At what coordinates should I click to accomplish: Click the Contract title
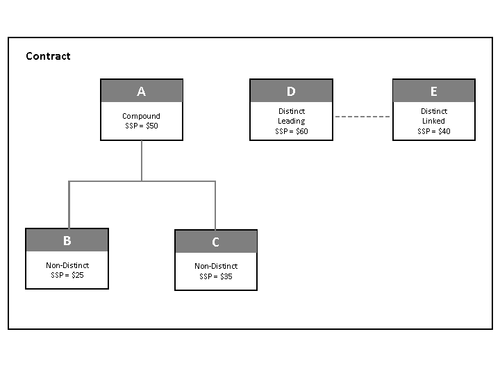pyautogui.click(x=48, y=56)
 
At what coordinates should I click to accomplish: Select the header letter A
pyautogui.click(x=142, y=92)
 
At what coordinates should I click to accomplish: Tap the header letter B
pyautogui.click(x=67, y=241)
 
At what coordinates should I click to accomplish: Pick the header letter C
pyautogui.click(x=215, y=242)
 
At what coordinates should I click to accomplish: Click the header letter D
pyautogui.click(x=291, y=92)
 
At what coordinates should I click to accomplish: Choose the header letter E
pyautogui.click(x=434, y=92)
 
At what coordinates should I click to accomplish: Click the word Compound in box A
pyautogui.click(x=141, y=116)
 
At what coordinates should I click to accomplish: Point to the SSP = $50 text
pyautogui.click(x=142, y=126)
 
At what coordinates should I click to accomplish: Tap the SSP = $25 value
pyautogui.click(x=67, y=275)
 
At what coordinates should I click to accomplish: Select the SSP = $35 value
pyautogui.click(x=216, y=276)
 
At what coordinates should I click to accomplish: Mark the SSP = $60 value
pyautogui.click(x=292, y=131)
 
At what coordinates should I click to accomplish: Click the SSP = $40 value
pyautogui.click(x=434, y=131)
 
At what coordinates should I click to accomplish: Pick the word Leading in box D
pyautogui.click(x=292, y=121)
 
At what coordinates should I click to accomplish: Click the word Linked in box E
pyautogui.click(x=434, y=121)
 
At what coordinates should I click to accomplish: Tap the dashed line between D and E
pyautogui.click(x=362, y=117)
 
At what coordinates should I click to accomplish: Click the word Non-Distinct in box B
pyautogui.click(x=67, y=265)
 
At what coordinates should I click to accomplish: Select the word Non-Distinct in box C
pyautogui.click(x=216, y=266)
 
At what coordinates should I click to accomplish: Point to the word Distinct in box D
pyautogui.click(x=292, y=111)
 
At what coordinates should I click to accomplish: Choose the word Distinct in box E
pyautogui.click(x=434, y=111)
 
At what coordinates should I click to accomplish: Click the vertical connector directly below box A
pyautogui.click(x=142, y=160)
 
